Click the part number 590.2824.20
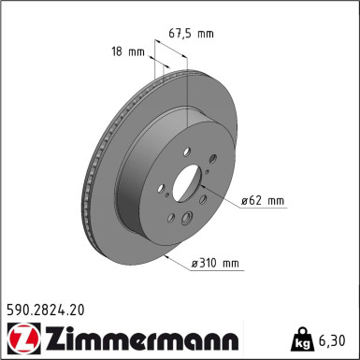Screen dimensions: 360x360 click(46, 306)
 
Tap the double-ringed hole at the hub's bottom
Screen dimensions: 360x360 click(188, 220)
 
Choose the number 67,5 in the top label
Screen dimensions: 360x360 click(181, 34)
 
